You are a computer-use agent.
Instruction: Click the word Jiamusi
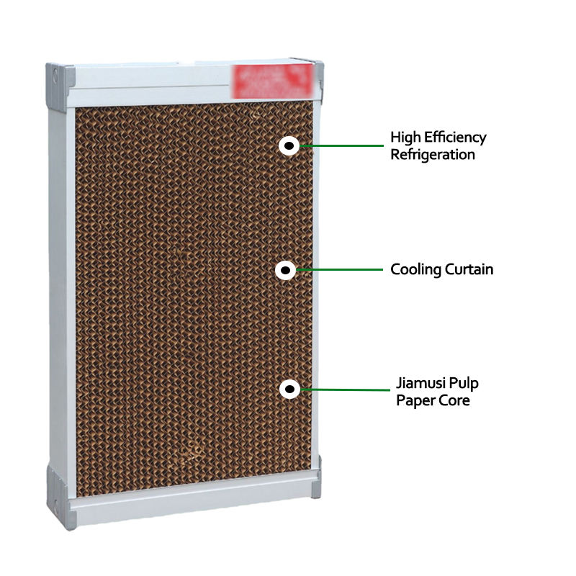point(421,382)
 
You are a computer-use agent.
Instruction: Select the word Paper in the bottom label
point(413,400)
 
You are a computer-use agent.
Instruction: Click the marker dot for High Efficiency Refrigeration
point(288,146)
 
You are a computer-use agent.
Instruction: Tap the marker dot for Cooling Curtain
point(286,271)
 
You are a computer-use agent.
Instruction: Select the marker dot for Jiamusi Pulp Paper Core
point(289,390)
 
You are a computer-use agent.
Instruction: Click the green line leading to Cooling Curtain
point(338,271)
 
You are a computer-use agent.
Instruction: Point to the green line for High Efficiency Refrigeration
point(338,146)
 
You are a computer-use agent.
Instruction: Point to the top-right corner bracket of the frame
point(318,74)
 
